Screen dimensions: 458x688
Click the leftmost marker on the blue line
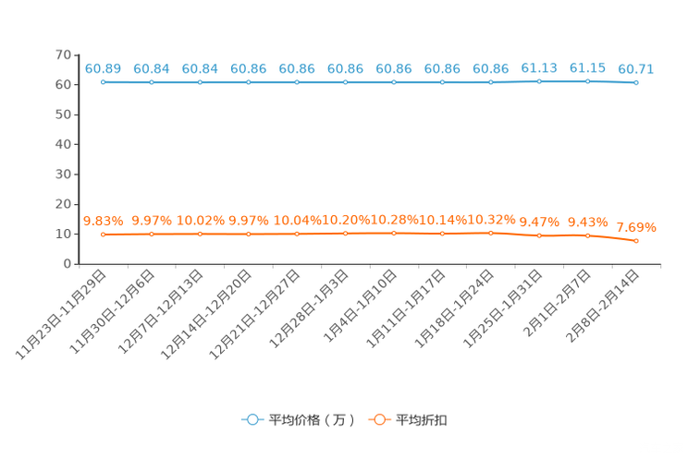103,82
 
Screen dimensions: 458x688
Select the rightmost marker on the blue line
635,83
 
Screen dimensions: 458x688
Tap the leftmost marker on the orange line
103,235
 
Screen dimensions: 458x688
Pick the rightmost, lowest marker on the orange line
636,241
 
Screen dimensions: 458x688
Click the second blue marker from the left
151,83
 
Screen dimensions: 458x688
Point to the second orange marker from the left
151,235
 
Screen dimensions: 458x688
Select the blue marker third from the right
539,82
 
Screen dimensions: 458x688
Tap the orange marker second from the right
587,235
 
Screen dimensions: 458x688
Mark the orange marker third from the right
539,236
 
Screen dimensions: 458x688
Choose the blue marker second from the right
587,82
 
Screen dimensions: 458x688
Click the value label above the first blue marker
103,68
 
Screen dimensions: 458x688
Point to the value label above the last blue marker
636,68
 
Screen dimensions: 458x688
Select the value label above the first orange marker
103,220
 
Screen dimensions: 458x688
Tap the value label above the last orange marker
636,226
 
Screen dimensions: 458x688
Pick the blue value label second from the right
587,68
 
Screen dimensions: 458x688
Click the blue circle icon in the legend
252,419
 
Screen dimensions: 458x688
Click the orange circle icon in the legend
379,419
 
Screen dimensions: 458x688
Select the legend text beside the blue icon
312,420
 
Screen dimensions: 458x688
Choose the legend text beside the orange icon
423,420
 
